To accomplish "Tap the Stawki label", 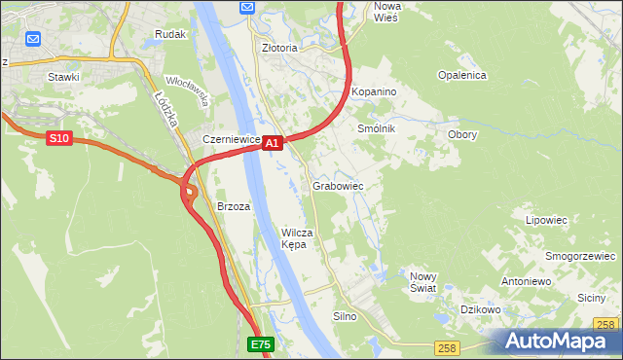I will coord(62,75).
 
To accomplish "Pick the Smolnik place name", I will coord(377,128).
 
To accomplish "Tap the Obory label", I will coord(461,134).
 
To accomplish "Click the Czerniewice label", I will coord(231,139).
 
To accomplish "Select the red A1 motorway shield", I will coord(273,143).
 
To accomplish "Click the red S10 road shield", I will coord(59,139).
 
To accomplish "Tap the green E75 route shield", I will coord(260,344).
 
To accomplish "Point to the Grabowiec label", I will coord(338,185).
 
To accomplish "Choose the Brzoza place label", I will coord(234,206).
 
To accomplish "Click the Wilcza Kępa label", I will coord(296,238).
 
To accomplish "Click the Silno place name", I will coord(346,316).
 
